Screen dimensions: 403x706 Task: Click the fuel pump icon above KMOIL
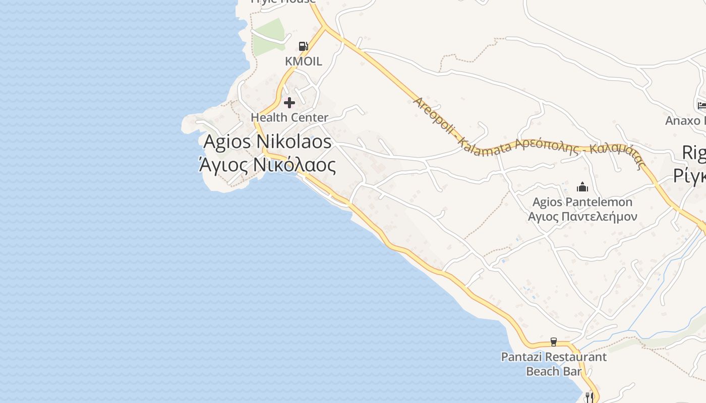tap(303, 46)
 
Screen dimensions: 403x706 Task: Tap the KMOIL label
tap(303, 61)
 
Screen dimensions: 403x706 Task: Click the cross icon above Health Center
tap(289, 103)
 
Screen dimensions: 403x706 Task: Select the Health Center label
tap(289, 117)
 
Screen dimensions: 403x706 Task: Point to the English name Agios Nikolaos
tap(267, 142)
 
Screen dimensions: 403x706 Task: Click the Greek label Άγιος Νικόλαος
tap(267, 165)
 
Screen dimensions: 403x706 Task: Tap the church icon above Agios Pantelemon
tap(582, 187)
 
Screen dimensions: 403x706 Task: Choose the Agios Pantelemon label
tap(582, 202)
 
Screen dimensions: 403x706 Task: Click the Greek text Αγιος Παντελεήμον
tap(582, 217)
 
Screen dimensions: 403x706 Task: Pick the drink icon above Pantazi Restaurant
tap(554, 342)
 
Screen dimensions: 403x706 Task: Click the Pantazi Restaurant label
tap(554, 357)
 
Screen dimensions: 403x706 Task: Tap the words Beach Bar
tap(554, 372)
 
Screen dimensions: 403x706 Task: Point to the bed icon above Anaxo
tap(701, 105)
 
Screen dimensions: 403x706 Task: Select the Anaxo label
tap(686, 121)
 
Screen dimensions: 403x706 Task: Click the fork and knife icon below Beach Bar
tap(588, 397)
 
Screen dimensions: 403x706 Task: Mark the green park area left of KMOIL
tap(267, 36)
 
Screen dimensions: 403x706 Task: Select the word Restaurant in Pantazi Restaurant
tap(576, 357)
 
